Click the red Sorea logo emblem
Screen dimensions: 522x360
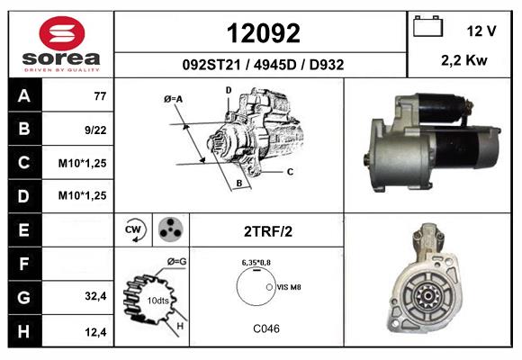(62, 33)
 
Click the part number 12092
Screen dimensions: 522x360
(264, 33)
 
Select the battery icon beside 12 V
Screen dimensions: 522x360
(427, 26)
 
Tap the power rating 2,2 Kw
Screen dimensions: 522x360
(464, 60)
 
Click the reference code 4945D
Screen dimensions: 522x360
(274, 65)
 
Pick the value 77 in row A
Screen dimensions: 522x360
(100, 96)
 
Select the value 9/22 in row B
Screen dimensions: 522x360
(95, 130)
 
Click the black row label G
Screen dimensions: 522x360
(24, 297)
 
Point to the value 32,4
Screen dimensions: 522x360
(95, 296)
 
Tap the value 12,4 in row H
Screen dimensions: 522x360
(95, 332)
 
